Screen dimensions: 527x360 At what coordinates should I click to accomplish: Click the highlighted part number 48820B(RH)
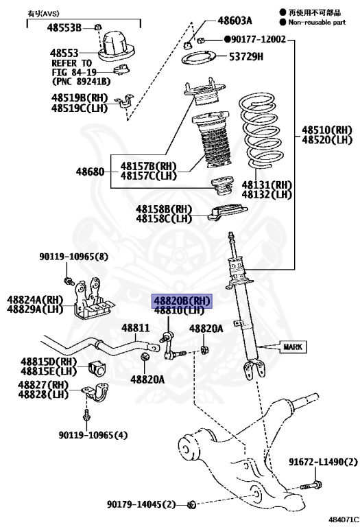[x=182, y=301]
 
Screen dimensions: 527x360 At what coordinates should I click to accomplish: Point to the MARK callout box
[x=292, y=347]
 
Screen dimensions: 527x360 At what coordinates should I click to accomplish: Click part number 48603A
[x=235, y=21]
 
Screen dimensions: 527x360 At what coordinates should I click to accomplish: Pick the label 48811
[x=135, y=328]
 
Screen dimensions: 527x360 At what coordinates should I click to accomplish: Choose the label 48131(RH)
[x=266, y=185]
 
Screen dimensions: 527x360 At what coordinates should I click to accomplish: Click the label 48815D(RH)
[x=48, y=361]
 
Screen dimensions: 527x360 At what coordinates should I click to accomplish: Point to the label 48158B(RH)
[x=163, y=209]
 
